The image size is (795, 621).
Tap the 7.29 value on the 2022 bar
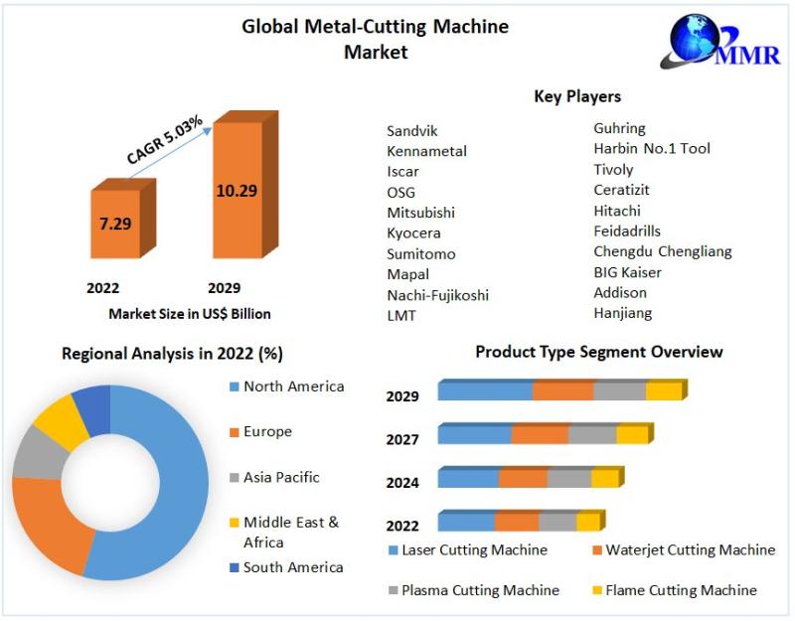tap(115, 223)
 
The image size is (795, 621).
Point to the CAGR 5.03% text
tap(165, 140)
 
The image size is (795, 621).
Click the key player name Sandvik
tap(411, 130)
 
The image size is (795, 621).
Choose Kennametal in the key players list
tap(426, 151)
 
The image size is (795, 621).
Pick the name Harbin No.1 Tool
tap(651, 148)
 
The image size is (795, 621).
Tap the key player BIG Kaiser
tap(627, 271)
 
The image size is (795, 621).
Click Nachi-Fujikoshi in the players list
tap(437, 295)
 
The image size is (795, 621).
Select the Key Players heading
tap(577, 96)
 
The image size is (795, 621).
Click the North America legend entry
tap(293, 387)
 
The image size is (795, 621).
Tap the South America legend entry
tap(293, 567)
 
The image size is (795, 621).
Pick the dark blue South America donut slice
tap(92, 409)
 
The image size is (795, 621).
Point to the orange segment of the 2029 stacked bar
tap(562, 391)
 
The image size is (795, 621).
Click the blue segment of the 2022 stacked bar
tap(465, 522)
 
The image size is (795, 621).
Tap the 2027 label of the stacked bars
tap(402, 439)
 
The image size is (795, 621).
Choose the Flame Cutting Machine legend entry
tap(681, 590)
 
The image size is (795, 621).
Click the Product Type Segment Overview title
tap(598, 352)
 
